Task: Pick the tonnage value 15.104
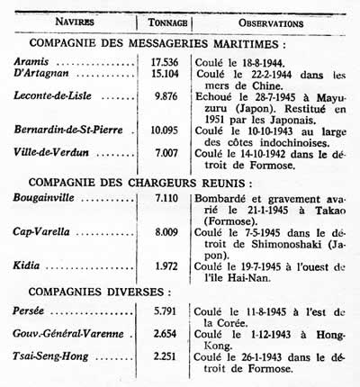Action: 167,76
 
